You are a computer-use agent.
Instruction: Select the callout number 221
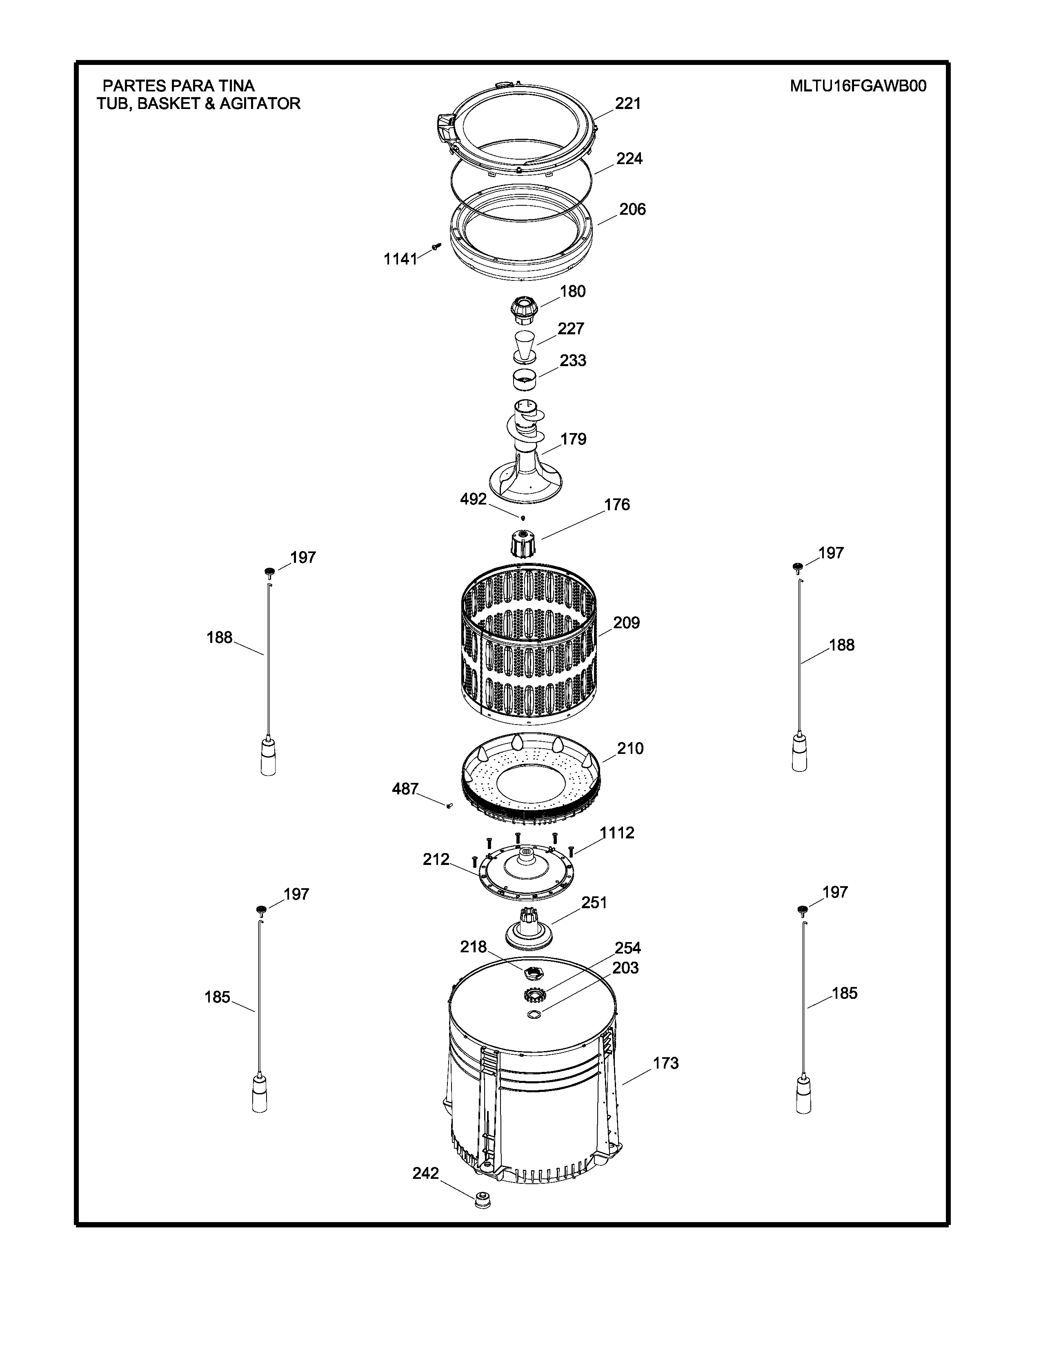[628, 104]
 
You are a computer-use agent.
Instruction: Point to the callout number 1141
[400, 260]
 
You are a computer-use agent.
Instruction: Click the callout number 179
[573, 439]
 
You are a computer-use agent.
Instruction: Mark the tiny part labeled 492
[523, 518]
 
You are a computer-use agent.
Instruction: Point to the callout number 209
[627, 623]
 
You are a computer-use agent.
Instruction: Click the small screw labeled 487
[449, 805]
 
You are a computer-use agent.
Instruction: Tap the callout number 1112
[617, 833]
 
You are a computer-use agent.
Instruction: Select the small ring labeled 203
[534, 1015]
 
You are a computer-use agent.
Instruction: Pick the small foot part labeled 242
[483, 1201]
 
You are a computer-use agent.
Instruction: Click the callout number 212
[436, 859]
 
